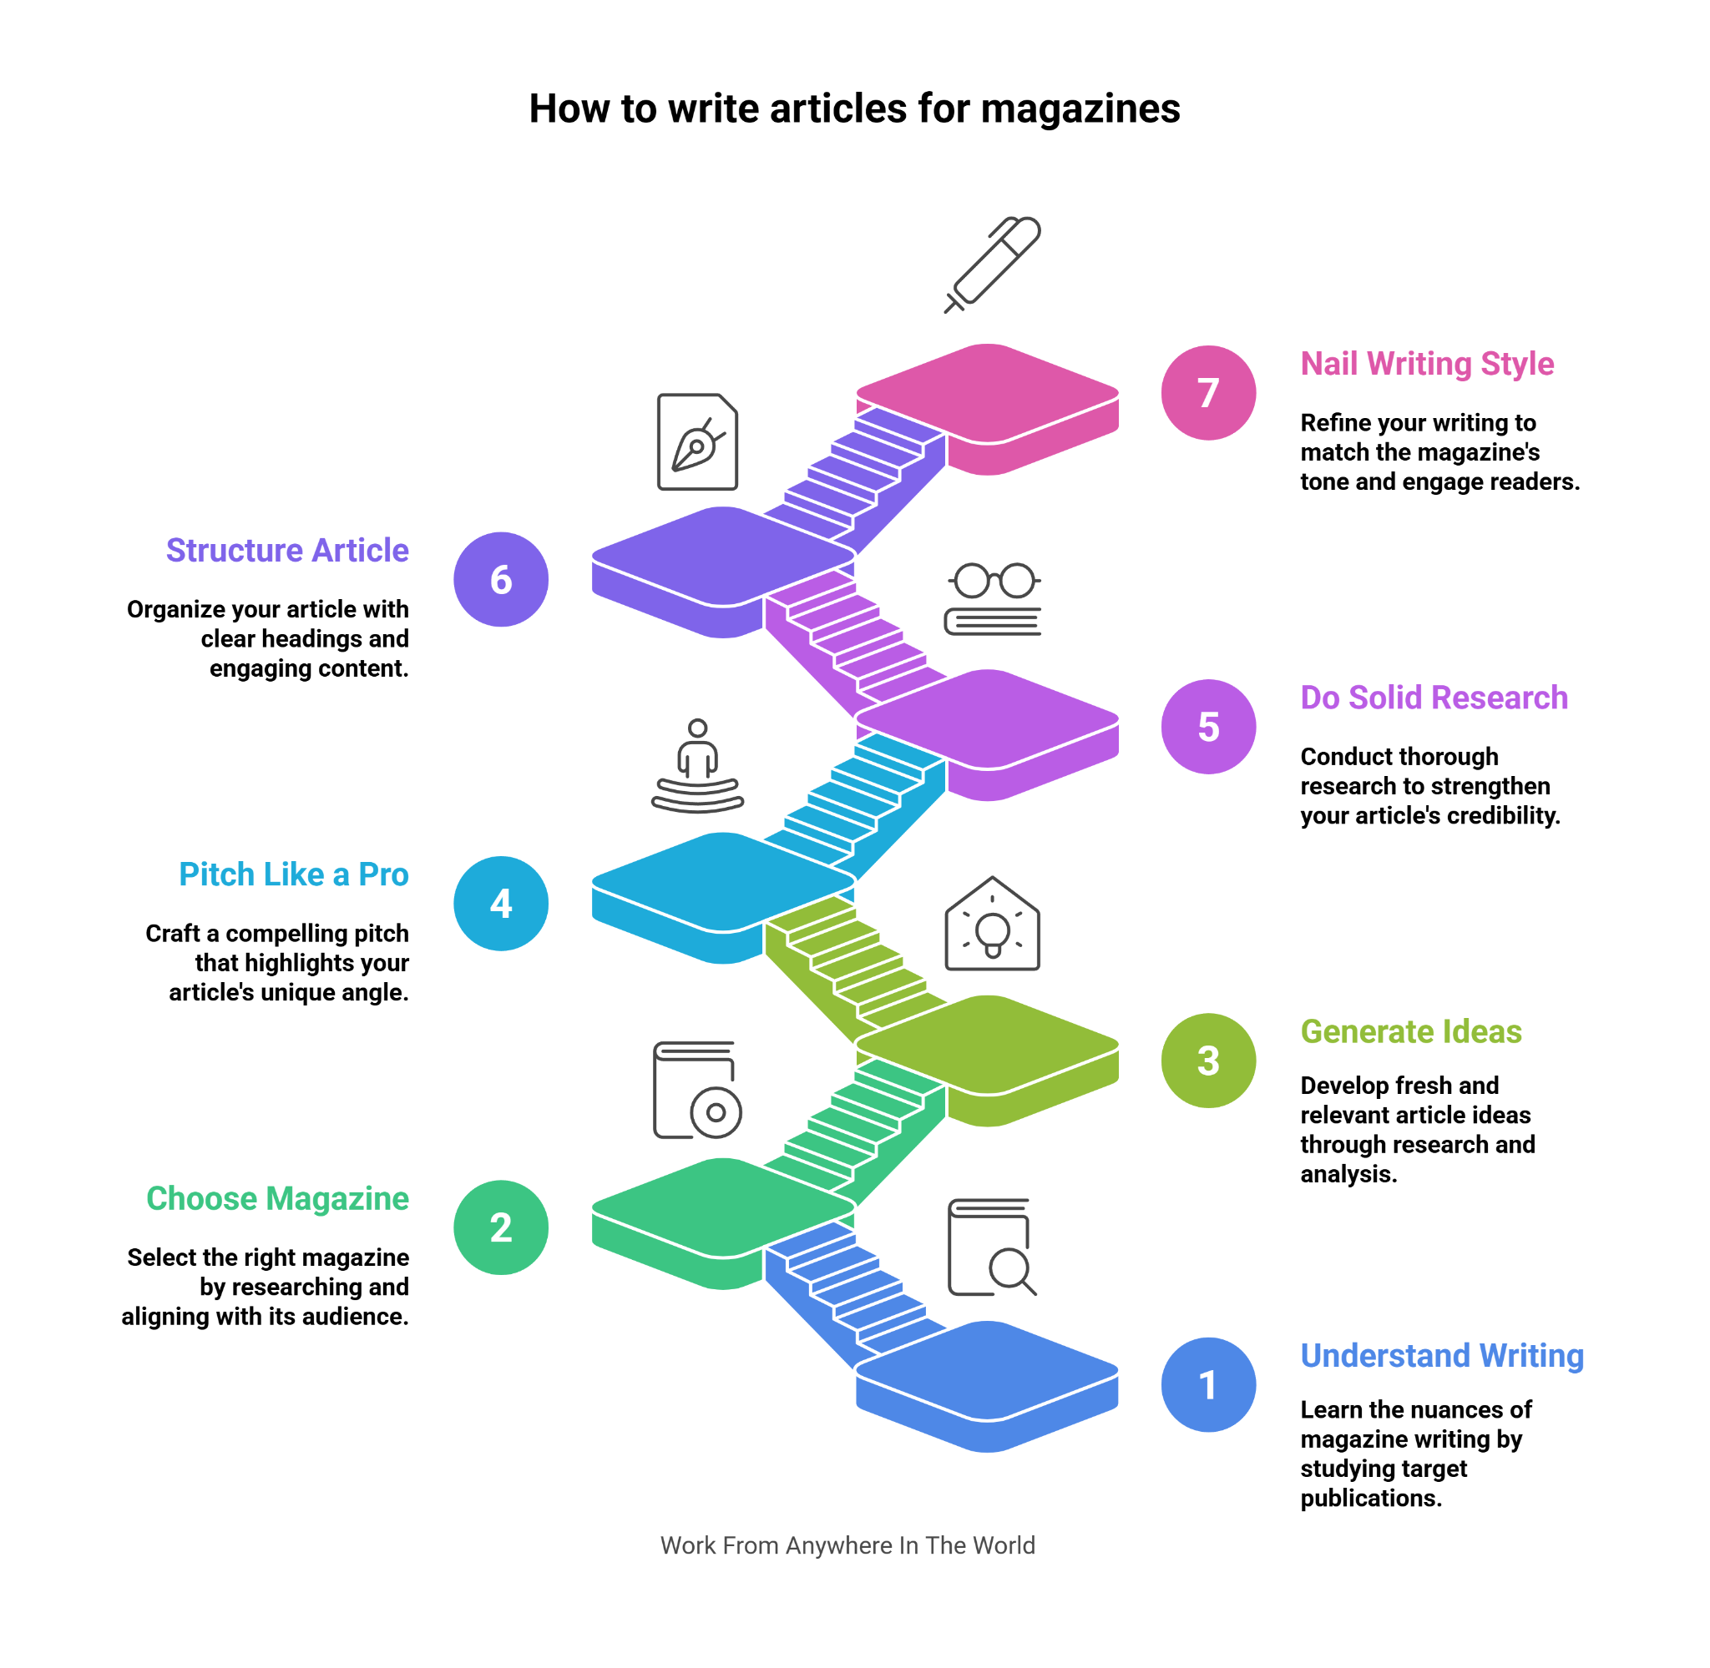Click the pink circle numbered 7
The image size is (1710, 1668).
tap(1208, 392)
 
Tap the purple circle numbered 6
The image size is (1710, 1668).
tap(500, 579)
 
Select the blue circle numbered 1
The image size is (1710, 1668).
tap(1208, 1384)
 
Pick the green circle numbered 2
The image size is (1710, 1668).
tap(500, 1227)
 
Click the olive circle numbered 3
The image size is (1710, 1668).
tap(1208, 1060)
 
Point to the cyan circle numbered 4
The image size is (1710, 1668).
tap(500, 903)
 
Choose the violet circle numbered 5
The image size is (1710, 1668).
tap(1208, 726)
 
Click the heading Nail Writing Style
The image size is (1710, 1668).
tap(1426, 364)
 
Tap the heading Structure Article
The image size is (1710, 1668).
tap(287, 550)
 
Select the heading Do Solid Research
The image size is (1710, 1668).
tap(1433, 698)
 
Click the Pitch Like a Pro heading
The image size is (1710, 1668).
tap(294, 874)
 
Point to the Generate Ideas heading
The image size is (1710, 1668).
tap(1410, 1031)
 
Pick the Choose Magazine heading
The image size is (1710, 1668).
tap(277, 1197)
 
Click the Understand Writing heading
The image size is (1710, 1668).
tap(1441, 1355)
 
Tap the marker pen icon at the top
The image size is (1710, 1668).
tap(993, 264)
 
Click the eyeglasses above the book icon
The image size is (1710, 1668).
tap(994, 580)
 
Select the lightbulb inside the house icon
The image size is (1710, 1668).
tap(992, 931)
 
